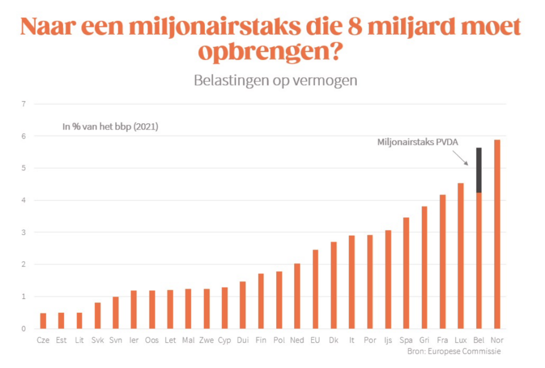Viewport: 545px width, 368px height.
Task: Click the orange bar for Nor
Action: [497, 234]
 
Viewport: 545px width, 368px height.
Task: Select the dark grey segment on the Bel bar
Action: [479, 170]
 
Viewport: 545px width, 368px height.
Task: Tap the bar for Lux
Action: [460, 256]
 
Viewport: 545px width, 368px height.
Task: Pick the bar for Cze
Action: [43, 321]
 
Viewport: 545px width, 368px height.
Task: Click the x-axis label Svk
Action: [97, 340]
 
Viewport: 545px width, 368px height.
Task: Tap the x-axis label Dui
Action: [243, 340]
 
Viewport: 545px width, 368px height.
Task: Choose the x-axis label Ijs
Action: [388, 340]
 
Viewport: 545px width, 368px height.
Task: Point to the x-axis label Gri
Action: [424, 340]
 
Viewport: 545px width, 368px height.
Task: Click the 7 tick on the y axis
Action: [23, 104]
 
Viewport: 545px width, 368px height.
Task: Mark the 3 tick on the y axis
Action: [23, 232]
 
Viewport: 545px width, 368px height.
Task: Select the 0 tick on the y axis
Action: [23, 329]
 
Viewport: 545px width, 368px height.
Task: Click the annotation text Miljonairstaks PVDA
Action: [417, 142]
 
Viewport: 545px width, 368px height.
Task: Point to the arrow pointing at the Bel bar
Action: [460, 157]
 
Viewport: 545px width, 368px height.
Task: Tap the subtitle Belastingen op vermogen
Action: [275, 81]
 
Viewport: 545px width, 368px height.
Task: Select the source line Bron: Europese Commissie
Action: [454, 351]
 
